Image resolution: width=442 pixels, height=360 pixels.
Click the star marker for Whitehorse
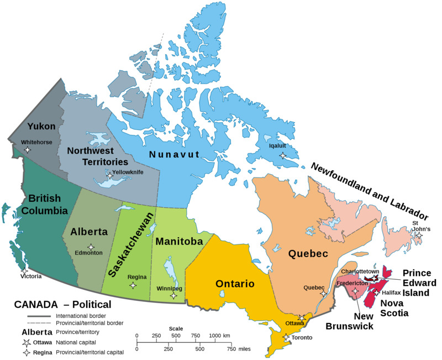(28, 150)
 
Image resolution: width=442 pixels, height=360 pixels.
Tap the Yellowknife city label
(128, 172)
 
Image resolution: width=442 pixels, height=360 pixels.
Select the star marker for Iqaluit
(283, 155)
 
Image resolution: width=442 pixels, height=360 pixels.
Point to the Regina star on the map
(133, 285)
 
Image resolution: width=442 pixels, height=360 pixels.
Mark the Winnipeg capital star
(173, 295)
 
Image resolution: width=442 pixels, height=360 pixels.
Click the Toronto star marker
(286, 337)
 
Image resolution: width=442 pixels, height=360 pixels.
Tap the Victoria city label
(31, 276)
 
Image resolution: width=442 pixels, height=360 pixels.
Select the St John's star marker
(419, 236)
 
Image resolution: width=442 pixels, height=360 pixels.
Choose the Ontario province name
(235, 284)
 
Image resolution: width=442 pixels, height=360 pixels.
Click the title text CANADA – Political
(62, 304)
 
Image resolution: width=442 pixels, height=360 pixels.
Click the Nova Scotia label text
(394, 308)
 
